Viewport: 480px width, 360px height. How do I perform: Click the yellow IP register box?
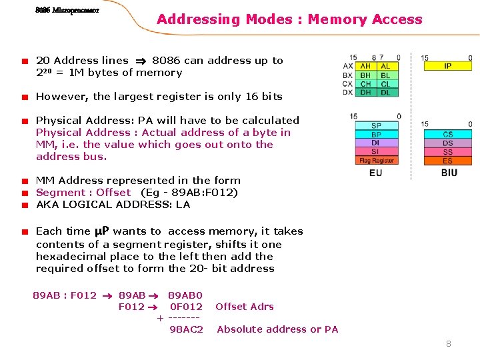click(x=447, y=66)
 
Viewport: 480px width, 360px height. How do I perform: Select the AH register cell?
click(x=366, y=66)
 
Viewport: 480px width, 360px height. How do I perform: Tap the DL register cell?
click(x=386, y=93)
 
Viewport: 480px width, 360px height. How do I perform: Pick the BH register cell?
click(x=366, y=75)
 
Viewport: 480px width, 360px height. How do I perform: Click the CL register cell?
click(x=386, y=84)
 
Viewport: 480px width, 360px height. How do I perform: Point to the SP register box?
click(x=377, y=125)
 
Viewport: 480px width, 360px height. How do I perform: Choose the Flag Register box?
click(x=377, y=161)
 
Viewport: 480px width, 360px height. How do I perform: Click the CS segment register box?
click(x=447, y=135)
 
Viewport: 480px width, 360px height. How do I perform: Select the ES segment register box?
click(x=447, y=161)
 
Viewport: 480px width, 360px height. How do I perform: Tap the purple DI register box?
click(x=377, y=143)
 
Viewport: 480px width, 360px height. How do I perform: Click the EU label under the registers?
click(x=376, y=173)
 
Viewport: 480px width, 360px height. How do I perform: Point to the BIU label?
click(x=449, y=173)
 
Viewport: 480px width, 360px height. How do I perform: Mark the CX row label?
click(x=347, y=84)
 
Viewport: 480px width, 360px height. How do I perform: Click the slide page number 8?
click(x=449, y=344)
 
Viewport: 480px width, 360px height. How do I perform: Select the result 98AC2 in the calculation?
click(x=186, y=329)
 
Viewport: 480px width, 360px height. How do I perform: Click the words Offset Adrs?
click(x=245, y=307)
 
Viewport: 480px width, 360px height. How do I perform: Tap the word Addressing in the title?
click(x=198, y=19)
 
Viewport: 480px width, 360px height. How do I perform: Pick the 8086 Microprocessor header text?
click(x=67, y=11)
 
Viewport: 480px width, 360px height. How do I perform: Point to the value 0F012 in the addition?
click(x=186, y=307)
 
